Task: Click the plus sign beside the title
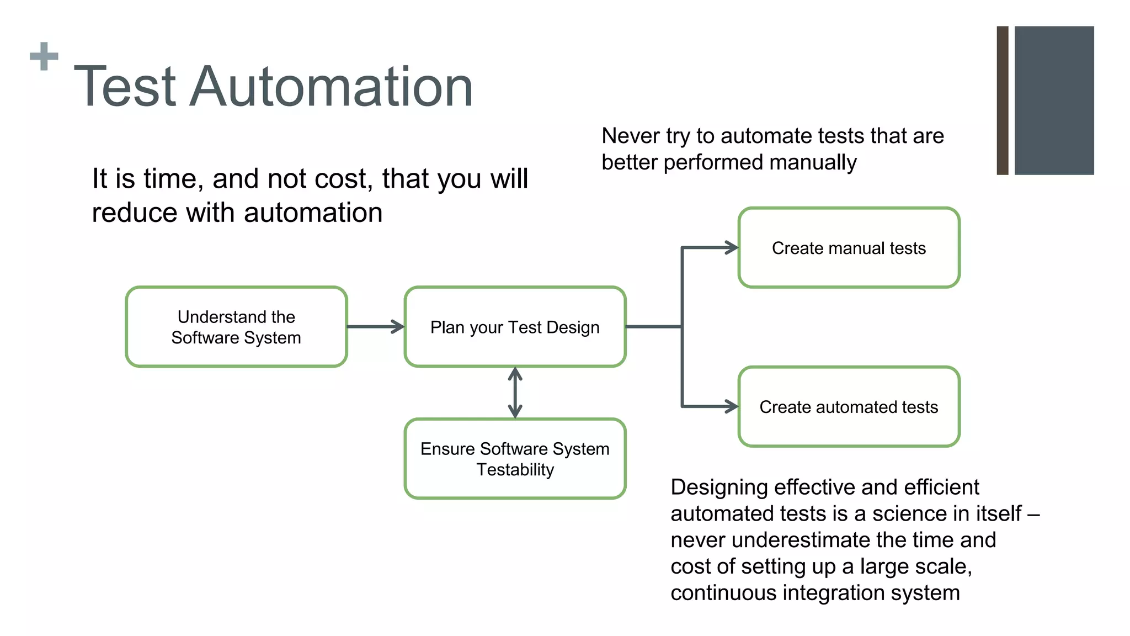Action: coord(44,56)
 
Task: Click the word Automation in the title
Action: coord(331,87)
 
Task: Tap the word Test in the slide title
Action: coord(125,87)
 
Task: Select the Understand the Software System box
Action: coord(236,327)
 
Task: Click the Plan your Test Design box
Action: coord(515,327)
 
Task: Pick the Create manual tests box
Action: coord(849,248)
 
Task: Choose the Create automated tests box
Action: coord(849,407)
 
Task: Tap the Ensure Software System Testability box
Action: coord(515,459)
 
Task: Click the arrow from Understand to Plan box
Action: coord(375,327)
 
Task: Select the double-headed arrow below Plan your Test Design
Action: coord(515,393)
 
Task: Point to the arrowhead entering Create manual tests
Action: coord(732,248)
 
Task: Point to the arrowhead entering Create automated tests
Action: coord(732,407)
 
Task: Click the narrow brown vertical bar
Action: coord(1003,100)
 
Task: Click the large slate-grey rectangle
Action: coord(1054,100)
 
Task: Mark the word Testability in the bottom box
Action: coord(515,470)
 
